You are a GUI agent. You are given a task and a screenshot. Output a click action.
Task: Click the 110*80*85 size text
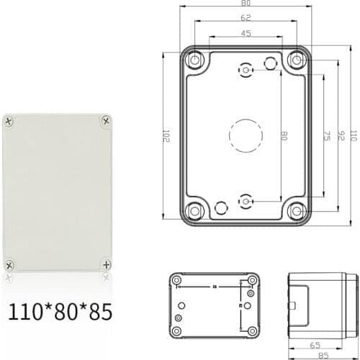(60, 313)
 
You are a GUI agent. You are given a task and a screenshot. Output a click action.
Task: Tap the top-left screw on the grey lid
(10, 121)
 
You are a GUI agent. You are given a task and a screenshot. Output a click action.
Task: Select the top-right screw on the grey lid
(107, 121)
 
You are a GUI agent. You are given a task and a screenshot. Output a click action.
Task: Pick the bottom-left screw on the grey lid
(10, 263)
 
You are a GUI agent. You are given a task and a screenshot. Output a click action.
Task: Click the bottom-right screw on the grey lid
(107, 263)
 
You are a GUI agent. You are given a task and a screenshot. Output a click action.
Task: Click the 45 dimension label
(246, 32)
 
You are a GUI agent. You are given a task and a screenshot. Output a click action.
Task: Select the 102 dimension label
(166, 135)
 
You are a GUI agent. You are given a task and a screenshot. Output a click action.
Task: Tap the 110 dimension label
(353, 135)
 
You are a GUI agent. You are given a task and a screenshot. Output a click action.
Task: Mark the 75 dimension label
(326, 135)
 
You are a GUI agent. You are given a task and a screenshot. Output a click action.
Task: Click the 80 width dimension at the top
(246, 4)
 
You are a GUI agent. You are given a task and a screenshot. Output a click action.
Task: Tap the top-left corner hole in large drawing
(194, 60)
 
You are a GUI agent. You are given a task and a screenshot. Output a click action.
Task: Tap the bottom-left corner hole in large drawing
(194, 210)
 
